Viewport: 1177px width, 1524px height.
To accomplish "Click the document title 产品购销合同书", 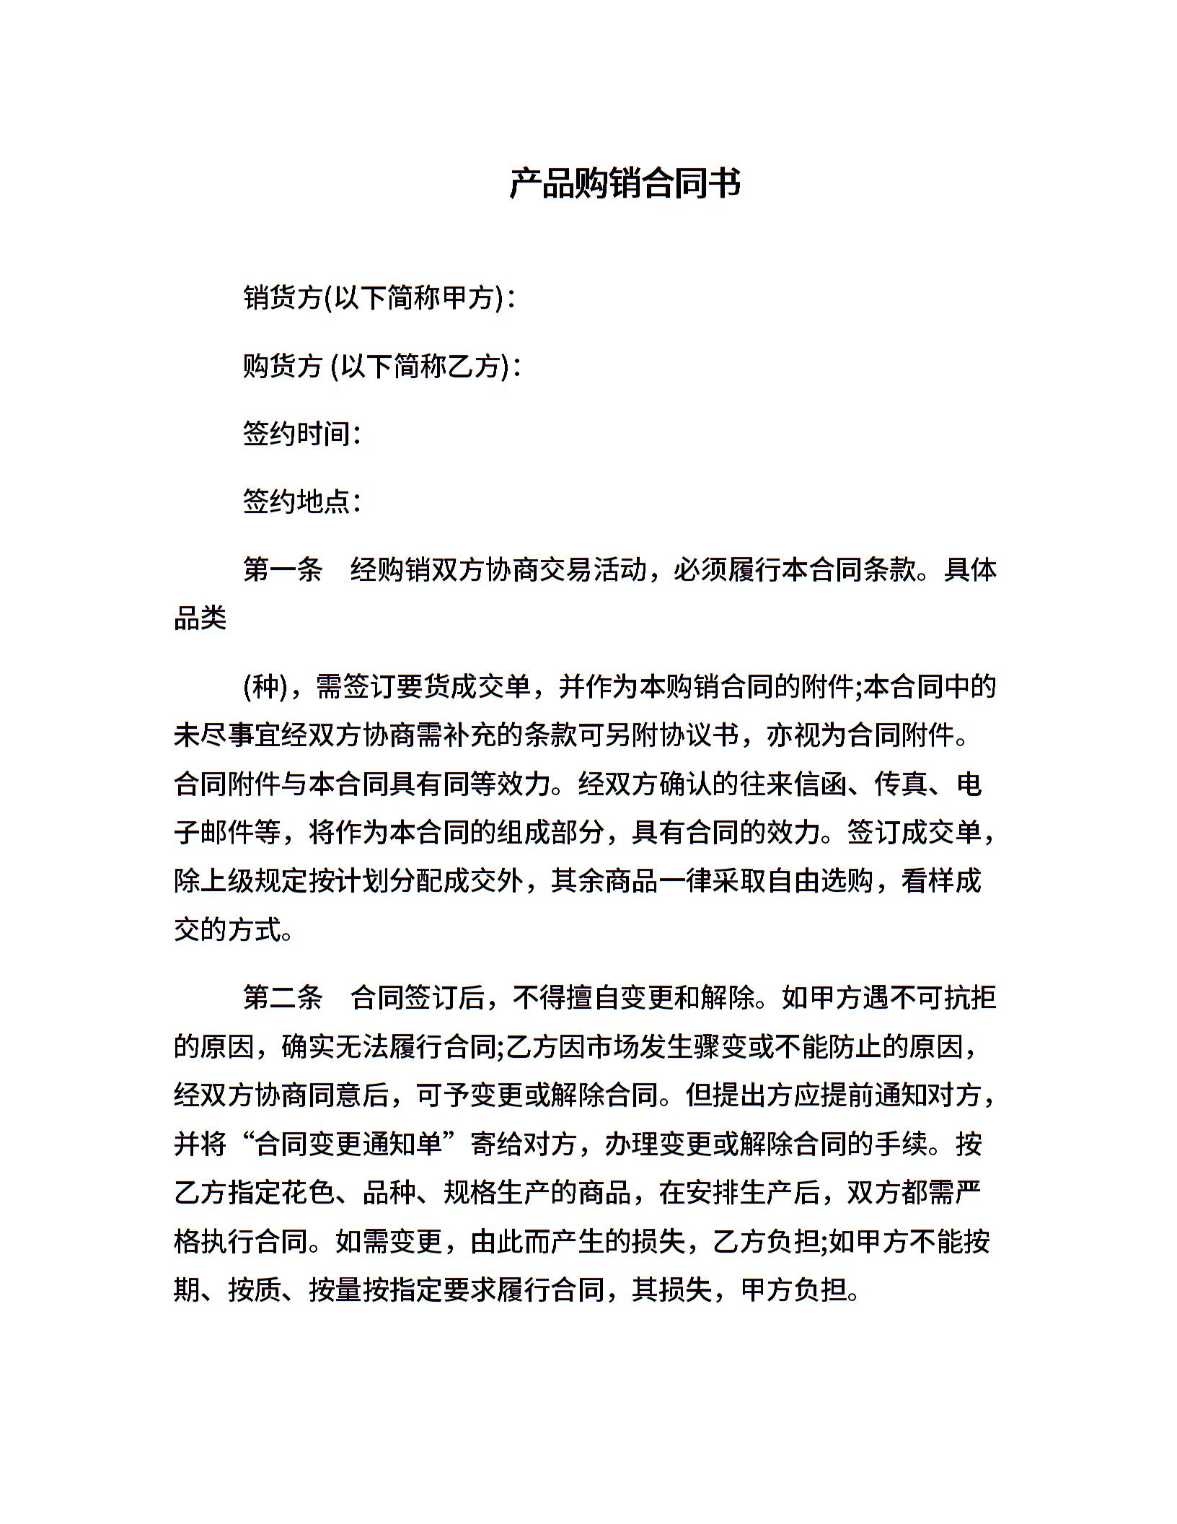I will pyautogui.click(x=625, y=183).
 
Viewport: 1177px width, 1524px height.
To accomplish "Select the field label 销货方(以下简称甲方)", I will pyautogui.click(x=375, y=298).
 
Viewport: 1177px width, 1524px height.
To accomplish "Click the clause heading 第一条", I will pyautogui.click(x=283, y=570).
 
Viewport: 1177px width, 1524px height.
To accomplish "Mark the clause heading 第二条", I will pyautogui.click(x=283, y=998).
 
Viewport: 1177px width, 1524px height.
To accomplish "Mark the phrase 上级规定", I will pyautogui.click(x=255, y=881).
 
